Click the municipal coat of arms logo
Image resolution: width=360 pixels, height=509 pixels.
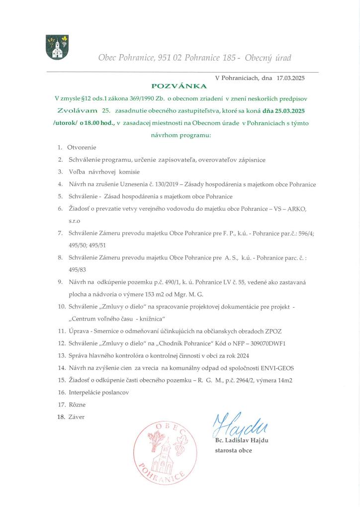pos(56,47)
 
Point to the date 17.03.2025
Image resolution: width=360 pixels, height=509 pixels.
pos(290,78)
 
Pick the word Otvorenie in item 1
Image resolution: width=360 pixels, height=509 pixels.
pos(82,147)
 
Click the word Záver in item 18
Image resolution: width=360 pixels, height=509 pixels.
pos(77,417)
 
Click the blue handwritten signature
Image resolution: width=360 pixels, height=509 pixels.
pos(239,424)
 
